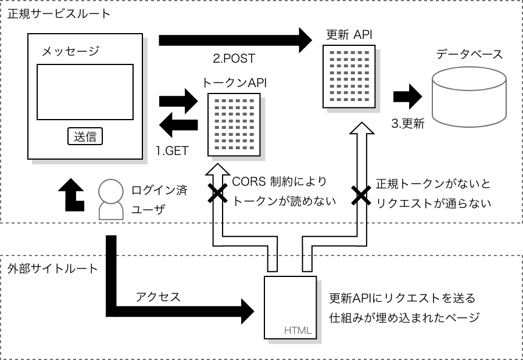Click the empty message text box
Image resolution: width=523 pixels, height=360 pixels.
(x=85, y=91)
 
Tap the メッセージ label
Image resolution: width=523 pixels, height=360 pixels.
(x=70, y=51)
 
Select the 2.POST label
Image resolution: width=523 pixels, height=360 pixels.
(x=234, y=59)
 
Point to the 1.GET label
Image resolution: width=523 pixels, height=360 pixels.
(x=172, y=150)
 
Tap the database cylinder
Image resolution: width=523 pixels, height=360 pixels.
(x=469, y=99)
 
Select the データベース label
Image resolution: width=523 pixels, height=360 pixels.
(x=469, y=55)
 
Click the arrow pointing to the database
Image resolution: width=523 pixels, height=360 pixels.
(x=409, y=96)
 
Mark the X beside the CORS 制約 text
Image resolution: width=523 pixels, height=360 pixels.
(x=218, y=194)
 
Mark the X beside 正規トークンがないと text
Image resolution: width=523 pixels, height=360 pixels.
(x=360, y=195)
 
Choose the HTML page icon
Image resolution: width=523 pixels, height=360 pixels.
(x=290, y=308)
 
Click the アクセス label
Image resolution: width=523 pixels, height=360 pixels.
(x=157, y=297)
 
